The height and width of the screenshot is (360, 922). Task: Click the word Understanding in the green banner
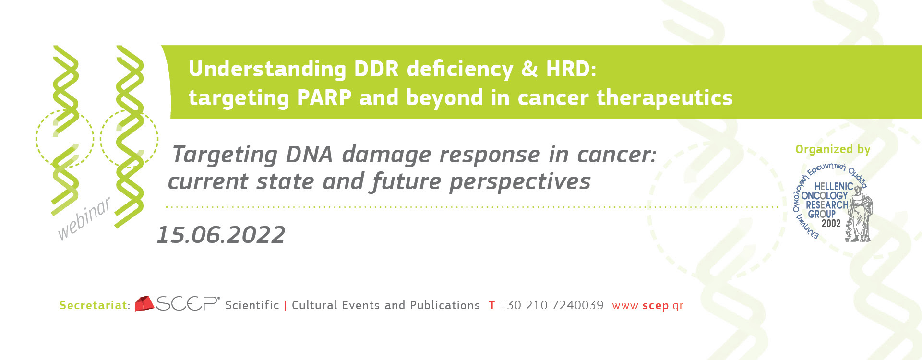pos(267,70)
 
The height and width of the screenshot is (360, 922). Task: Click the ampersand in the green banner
pos(529,69)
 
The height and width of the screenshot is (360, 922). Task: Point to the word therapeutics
pos(664,98)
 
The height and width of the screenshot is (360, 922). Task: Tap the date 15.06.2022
pos(221,235)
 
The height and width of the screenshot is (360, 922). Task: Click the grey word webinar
pos(84,218)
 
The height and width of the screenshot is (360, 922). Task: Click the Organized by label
pos(833,150)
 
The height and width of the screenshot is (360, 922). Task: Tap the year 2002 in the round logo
pos(831,223)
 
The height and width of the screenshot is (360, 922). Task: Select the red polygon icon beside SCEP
pos(144,304)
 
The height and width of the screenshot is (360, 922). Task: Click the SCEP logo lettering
pos(188,303)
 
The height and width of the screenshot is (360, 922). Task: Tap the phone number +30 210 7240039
pos(551,305)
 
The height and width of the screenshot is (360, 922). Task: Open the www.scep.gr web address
pos(647,306)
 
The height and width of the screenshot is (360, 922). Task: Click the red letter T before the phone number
pos(491,305)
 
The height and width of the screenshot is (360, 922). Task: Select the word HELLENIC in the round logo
pos(834,186)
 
